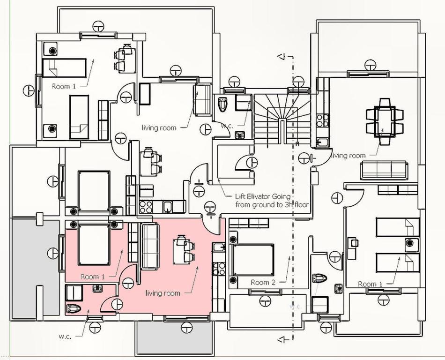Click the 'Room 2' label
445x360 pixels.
click(260, 282)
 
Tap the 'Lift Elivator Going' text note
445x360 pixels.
click(263, 197)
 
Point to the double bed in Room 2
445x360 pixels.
click(252, 260)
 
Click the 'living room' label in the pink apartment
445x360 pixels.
click(163, 293)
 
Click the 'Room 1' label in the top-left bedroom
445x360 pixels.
click(63, 86)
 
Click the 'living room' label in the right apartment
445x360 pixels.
click(349, 156)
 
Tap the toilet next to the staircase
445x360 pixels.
click(223, 104)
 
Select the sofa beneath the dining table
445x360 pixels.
click(384, 169)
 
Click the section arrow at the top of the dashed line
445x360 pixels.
click(282, 57)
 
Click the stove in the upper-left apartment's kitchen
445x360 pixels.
click(146, 207)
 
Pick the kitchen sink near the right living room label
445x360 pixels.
click(322, 142)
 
